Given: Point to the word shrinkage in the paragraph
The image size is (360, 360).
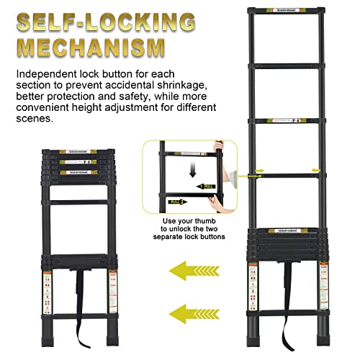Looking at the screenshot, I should [x=184, y=87].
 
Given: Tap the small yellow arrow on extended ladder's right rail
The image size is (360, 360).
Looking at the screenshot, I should [x=316, y=171].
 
